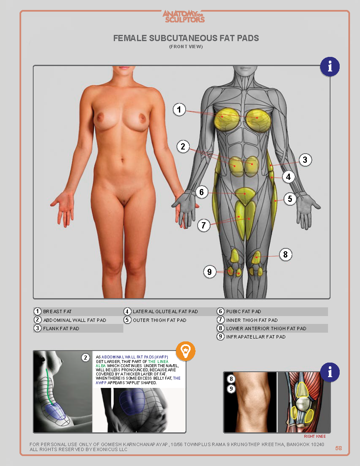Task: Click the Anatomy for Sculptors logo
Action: pos(184,16)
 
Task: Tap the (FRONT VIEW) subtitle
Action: pos(186,47)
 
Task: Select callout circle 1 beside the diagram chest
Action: pos(179,110)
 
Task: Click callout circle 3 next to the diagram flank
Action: pos(305,160)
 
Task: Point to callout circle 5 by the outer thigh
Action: pos(290,199)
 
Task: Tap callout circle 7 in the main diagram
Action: pos(204,225)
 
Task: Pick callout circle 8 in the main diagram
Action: pos(285,255)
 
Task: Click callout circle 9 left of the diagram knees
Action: pos(209,272)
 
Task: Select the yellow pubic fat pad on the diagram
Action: pos(245,195)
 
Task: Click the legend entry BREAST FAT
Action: pos(57,311)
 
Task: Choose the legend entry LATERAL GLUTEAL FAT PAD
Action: pos(165,311)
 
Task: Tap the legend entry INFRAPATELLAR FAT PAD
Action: pos(256,337)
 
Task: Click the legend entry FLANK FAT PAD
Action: pos(61,329)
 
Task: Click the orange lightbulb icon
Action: pos(186,351)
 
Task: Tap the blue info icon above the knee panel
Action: pos(330,372)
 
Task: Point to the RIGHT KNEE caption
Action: pos(315,436)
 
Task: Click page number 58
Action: pos(338,448)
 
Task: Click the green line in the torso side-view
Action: pos(49,386)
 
